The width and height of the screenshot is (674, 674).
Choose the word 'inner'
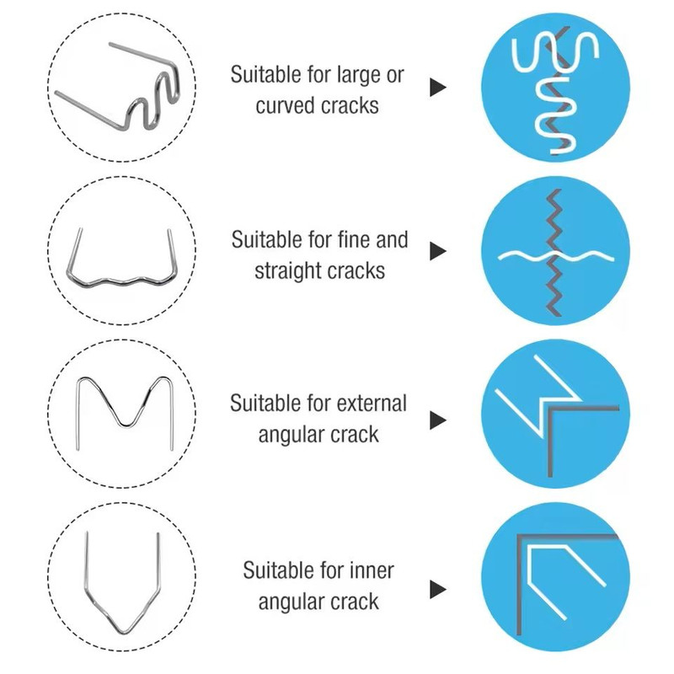[372, 570]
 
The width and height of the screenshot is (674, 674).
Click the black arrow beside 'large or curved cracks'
[437, 88]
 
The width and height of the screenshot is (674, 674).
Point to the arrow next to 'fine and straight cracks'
[437, 251]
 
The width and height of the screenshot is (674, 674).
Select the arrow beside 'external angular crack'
[437, 420]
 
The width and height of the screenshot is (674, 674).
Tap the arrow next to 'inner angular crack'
[437, 589]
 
